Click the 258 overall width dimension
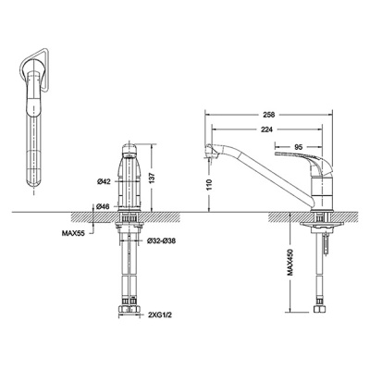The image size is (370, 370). [269, 115]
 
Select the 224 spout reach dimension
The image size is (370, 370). [266, 129]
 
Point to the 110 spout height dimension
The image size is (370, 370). [209, 184]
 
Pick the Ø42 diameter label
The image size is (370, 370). [104, 182]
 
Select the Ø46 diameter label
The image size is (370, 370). [104, 206]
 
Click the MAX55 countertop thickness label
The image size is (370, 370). [74, 233]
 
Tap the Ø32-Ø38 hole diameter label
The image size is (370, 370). [161, 240]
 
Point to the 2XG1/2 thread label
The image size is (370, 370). [158, 315]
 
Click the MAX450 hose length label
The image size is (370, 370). [290, 262]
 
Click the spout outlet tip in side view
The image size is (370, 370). [209, 159]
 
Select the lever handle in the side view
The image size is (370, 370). [303, 161]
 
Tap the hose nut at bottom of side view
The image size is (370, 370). [320, 309]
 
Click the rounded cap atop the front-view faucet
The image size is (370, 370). [129, 150]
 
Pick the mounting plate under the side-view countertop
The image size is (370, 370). [322, 224]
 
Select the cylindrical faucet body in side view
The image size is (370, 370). [322, 191]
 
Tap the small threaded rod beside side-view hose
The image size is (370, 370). [327, 244]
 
